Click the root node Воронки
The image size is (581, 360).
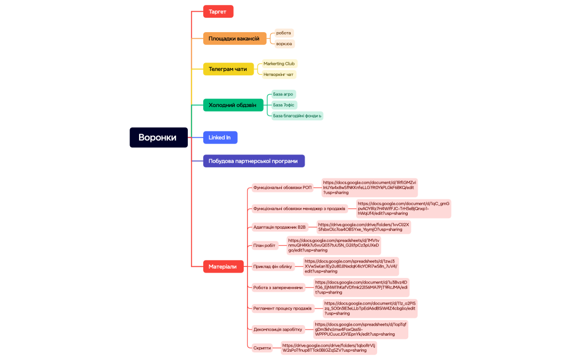click(157, 137)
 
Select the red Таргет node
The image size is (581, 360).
click(218, 11)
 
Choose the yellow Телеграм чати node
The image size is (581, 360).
click(228, 69)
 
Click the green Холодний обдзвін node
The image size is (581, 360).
click(233, 105)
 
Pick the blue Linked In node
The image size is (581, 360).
click(220, 137)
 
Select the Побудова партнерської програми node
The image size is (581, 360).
click(254, 161)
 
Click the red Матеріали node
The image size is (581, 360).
click(223, 266)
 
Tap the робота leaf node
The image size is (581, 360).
click(284, 33)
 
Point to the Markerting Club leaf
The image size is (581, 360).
click(279, 64)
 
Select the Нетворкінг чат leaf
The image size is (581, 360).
click(279, 74)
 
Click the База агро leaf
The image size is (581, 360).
click(284, 94)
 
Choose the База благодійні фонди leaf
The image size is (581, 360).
click(297, 115)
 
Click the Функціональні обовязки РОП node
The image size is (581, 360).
click(283, 188)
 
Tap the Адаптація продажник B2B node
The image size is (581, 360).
click(280, 227)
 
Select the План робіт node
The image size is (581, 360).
click(265, 245)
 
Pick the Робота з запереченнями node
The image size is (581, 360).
click(279, 287)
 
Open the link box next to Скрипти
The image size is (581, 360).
click(328, 348)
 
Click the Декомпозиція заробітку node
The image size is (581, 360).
click(278, 329)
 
